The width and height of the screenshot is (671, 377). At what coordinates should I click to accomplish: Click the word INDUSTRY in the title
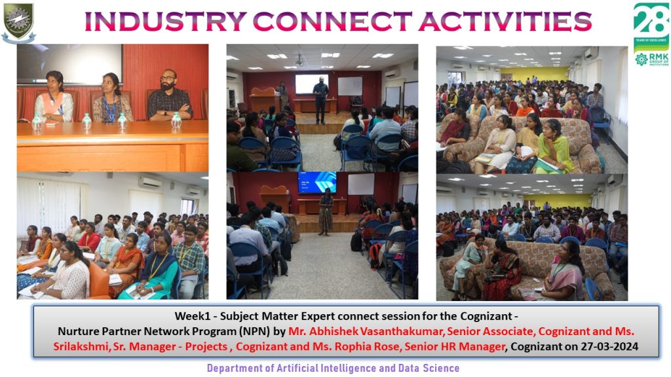(165, 21)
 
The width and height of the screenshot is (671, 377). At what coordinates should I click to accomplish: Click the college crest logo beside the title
(18, 22)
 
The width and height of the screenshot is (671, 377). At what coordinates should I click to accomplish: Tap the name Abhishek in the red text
(334, 331)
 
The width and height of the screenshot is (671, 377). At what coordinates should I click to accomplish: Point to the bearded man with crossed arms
(170, 96)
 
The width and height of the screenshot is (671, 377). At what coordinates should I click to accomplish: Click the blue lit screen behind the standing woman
(317, 183)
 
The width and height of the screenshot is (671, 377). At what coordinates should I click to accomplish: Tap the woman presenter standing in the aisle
(326, 211)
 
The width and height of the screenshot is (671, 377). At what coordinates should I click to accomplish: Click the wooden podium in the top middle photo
(263, 99)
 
